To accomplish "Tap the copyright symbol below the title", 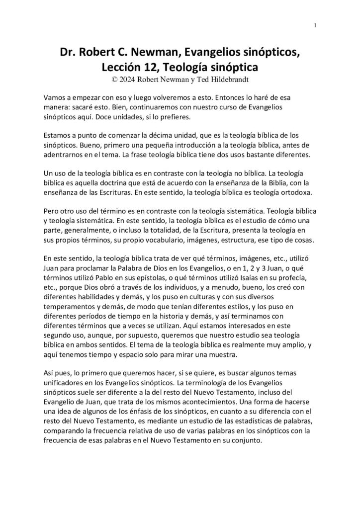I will pos(116,78).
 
